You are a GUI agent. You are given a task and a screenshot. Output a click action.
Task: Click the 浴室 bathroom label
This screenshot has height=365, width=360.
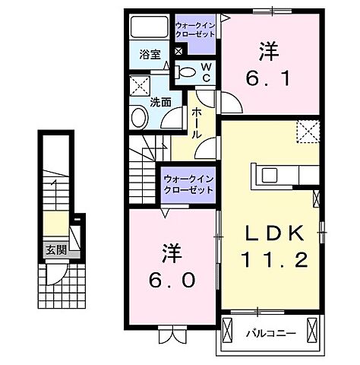click(x=150, y=54)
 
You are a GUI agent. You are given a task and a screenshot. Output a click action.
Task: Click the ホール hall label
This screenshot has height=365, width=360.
click(x=197, y=122)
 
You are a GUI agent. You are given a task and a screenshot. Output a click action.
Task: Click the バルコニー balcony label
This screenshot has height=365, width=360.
click(x=265, y=332)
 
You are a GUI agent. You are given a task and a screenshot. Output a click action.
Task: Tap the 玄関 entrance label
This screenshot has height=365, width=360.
click(x=53, y=249)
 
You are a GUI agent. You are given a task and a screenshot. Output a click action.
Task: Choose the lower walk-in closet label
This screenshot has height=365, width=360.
click(x=188, y=183)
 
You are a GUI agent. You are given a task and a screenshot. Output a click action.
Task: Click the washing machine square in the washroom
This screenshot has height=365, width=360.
click(x=140, y=84)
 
